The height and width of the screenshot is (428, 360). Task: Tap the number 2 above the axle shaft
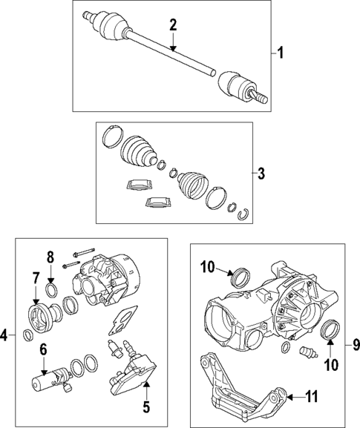point(172,25)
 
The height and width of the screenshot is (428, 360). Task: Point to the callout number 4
point(4,335)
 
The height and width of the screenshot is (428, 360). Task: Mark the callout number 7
point(34,277)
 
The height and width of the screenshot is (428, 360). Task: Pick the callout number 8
point(50,257)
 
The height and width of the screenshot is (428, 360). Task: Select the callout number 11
point(311,398)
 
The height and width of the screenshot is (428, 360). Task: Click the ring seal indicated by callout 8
point(51,288)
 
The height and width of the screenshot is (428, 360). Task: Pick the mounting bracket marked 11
point(238,389)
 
